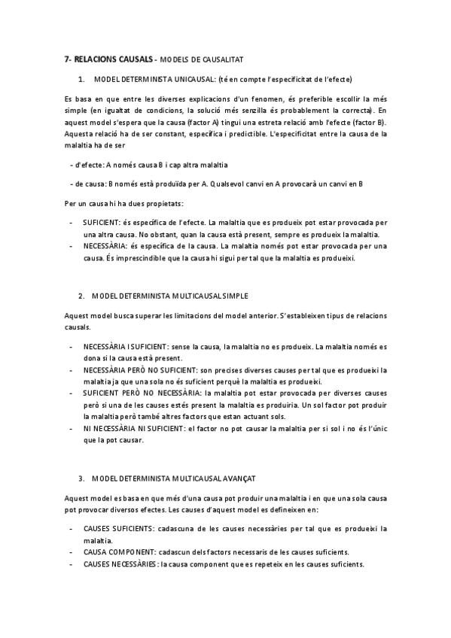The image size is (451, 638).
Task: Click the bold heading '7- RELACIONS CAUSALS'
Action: click(108, 59)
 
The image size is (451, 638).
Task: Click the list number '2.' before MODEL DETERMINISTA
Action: click(81, 296)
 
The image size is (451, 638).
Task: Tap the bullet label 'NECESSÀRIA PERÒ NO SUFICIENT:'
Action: click(140, 370)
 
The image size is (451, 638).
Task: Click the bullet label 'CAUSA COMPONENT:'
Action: click(115, 551)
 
